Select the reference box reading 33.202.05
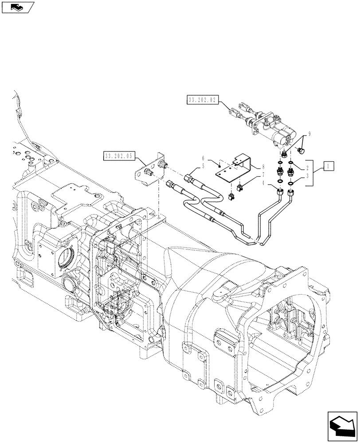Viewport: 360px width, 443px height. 119,156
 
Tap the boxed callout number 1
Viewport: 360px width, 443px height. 328,166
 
